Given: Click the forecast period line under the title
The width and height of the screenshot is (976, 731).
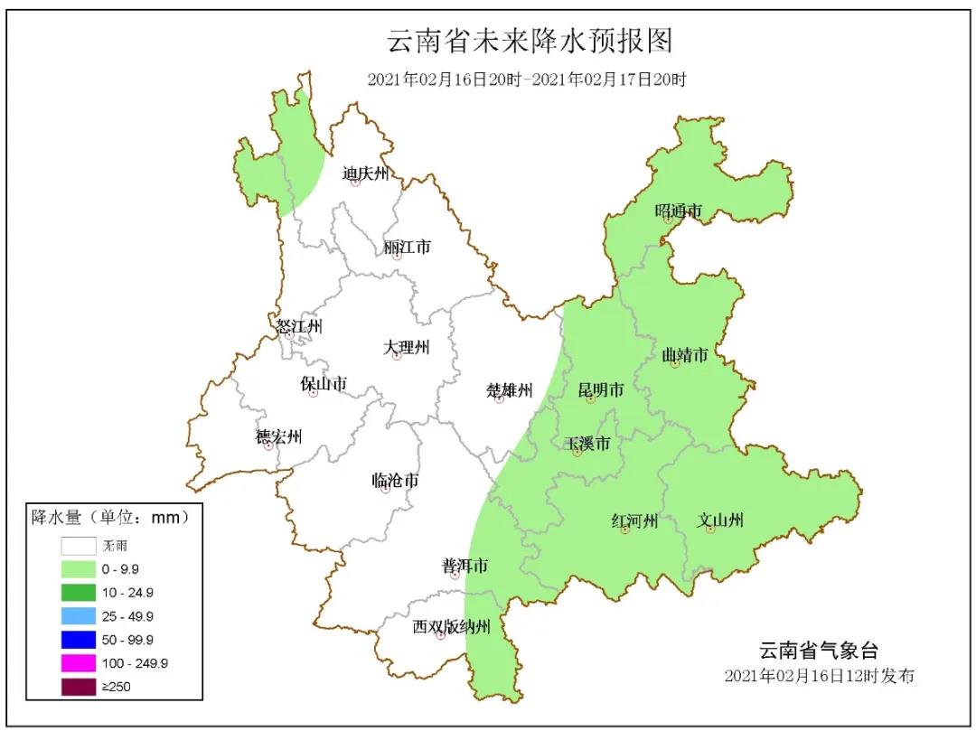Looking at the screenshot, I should (x=527, y=80).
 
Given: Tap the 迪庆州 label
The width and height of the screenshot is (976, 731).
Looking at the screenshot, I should (x=365, y=173).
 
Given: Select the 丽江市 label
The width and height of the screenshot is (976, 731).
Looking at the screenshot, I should (x=407, y=247).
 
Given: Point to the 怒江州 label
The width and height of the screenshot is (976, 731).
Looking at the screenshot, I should (x=299, y=326).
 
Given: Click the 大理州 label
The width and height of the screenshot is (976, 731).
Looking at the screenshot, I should (x=406, y=347).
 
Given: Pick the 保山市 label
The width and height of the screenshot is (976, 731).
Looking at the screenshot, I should (x=324, y=384).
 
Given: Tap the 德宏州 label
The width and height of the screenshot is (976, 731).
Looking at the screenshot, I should (x=278, y=437).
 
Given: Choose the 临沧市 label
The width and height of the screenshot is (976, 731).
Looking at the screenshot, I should (x=395, y=480).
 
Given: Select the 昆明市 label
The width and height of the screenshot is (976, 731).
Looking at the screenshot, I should (x=601, y=390).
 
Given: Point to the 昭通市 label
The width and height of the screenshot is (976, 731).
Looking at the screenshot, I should (x=678, y=211).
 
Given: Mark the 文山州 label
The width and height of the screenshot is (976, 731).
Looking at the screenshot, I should (x=720, y=520).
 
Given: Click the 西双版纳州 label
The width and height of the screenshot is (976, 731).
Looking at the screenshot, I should (x=451, y=626).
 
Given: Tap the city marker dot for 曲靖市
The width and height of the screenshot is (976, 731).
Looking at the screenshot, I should (x=675, y=363).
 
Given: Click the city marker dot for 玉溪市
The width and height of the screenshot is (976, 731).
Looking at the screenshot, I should (x=577, y=452).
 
